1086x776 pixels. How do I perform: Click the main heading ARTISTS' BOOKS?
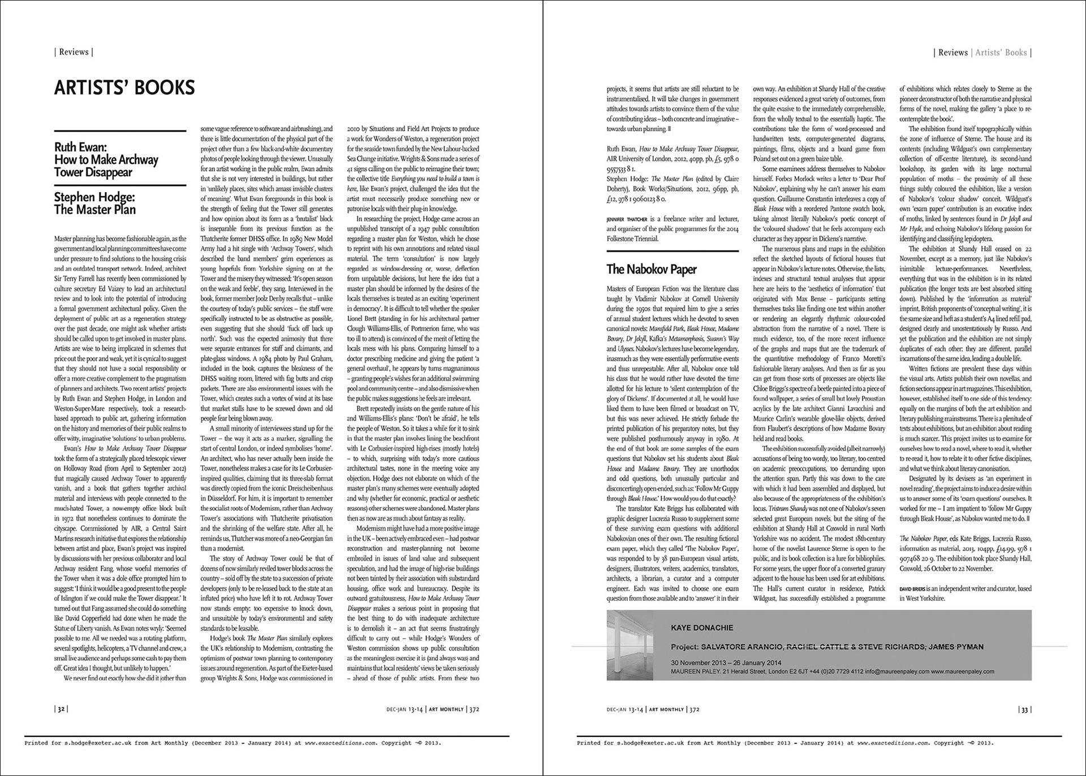pos(124,88)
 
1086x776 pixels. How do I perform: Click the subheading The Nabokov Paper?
pos(651,269)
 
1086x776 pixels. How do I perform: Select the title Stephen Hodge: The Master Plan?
pos(95,203)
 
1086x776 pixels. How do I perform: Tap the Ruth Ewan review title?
pos(106,159)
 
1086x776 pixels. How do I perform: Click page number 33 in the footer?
pos(1024,709)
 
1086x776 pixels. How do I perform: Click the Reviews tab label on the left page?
pos(74,52)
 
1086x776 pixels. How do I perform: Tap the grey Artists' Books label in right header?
pos(1001,53)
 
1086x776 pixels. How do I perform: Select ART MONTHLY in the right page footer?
pos(666,709)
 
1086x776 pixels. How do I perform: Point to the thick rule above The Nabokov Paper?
pos(673,250)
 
